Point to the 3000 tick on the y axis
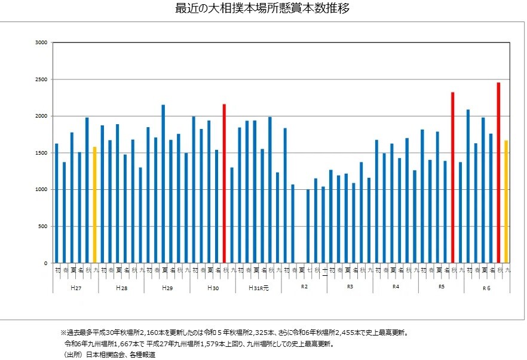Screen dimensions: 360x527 click(x=41, y=42)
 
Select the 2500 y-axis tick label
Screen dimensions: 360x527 click(x=41, y=79)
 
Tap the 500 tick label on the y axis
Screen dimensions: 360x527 click(x=43, y=227)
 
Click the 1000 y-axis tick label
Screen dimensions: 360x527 click(x=41, y=190)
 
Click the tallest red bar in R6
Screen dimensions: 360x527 click(x=498, y=173)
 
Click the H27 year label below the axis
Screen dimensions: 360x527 click(x=76, y=287)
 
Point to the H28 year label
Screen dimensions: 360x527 click(x=121, y=287)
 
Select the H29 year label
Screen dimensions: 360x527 click(x=167, y=287)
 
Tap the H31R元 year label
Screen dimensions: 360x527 click(x=259, y=287)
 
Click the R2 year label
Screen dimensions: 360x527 click(x=304, y=287)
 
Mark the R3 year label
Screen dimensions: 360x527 click(x=350, y=287)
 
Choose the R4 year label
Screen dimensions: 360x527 click(x=396, y=287)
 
